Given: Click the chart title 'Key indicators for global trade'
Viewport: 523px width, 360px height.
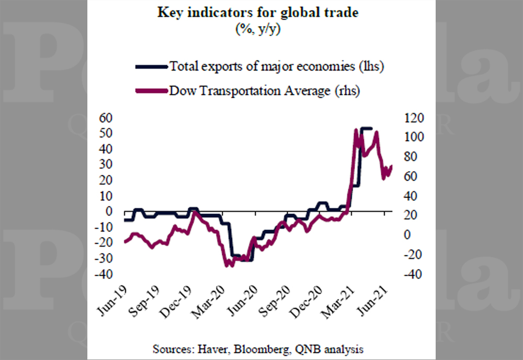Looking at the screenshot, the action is coord(258,13).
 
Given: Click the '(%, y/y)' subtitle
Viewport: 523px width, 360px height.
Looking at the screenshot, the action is coord(258,29).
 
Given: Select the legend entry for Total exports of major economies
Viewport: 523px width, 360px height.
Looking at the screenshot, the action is coord(259,66).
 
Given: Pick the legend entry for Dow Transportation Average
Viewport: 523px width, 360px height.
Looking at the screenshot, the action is coord(247,91).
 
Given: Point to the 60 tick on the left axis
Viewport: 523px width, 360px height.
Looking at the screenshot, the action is coord(106,118).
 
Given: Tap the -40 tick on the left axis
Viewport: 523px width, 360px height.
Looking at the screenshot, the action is coord(104,274).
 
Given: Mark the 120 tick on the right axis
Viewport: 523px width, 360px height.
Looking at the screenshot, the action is coord(414,118).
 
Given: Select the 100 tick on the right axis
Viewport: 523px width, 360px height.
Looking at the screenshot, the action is coord(414,137).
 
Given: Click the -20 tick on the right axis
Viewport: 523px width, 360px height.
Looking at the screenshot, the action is coord(413,255).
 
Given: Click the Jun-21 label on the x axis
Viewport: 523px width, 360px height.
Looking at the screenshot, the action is coord(372,301).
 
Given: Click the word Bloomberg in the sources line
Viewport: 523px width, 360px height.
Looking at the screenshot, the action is coord(262,350).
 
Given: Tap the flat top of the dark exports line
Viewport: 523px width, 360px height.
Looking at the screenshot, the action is coord(366,128).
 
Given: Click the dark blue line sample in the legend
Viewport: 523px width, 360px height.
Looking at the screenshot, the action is coord(152,67).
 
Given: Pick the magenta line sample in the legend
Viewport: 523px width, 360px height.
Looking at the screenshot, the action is coord(152,91).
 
